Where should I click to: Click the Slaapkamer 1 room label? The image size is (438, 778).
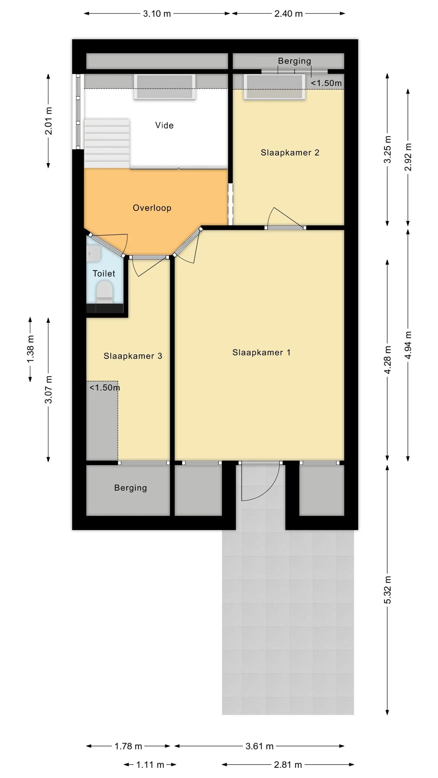point(261,353)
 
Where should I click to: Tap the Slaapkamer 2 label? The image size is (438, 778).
point(290,153)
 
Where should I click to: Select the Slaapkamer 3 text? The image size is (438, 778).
point(133,356)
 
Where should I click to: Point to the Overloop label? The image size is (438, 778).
point(152,208)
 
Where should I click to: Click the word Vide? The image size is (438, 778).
point(164,125)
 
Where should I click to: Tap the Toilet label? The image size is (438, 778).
point(104,274)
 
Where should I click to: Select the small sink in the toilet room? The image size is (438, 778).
point(93,253)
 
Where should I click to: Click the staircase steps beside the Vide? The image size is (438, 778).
point(107,143)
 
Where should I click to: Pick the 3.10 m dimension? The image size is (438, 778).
point(157,14)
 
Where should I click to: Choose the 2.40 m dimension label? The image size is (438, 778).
point(288,14)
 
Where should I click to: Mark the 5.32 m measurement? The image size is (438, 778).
point(387,590)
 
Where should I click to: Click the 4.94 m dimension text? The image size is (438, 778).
point(408,345)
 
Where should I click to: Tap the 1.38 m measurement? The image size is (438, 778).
point(30,349)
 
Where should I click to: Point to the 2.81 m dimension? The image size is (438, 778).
point(288,765)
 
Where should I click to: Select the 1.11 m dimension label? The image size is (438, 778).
point(150,765)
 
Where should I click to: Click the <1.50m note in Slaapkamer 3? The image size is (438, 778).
point(105,387)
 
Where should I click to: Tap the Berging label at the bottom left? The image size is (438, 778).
point(130,488)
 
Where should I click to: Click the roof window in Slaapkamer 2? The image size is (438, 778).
point(274,87)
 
